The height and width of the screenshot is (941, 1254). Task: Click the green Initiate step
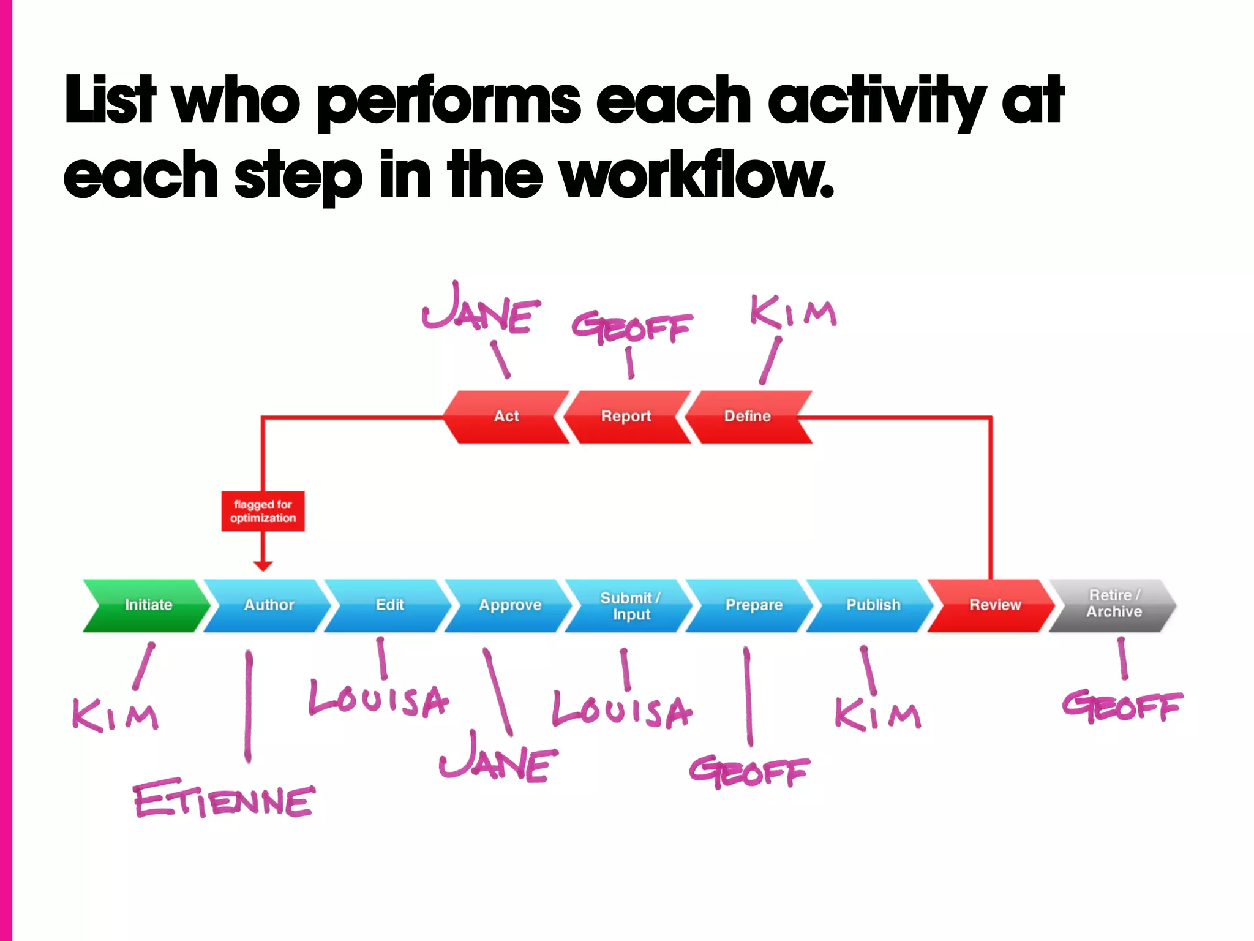[x=148, y=605]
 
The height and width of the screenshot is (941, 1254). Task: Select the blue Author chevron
[x=268, y=605]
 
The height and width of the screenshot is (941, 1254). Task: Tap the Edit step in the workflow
[x=389, y=605]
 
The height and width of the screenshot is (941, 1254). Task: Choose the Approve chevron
[x=509, y=605]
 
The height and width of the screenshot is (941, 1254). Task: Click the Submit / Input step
[x=630, y=605]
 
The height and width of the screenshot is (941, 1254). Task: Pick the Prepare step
[x=753, y=605]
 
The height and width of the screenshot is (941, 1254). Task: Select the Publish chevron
[x=873, y=605]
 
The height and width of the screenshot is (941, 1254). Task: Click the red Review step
[x=994, y=605]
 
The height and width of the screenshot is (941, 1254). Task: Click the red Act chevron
[x=506, y=417]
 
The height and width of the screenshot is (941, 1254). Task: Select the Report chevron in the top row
[x=626, y=417]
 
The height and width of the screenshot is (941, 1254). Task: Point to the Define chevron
[x=747, y=417]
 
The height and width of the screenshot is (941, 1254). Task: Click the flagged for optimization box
[x=263, y=511]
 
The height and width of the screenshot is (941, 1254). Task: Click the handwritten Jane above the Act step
[x=482, y=309]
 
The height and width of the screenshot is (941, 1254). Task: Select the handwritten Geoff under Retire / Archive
[x=1122, y=706]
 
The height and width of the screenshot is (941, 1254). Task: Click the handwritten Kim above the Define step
[x=792, y=312]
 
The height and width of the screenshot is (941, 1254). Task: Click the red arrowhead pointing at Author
[x=263, y=565]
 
